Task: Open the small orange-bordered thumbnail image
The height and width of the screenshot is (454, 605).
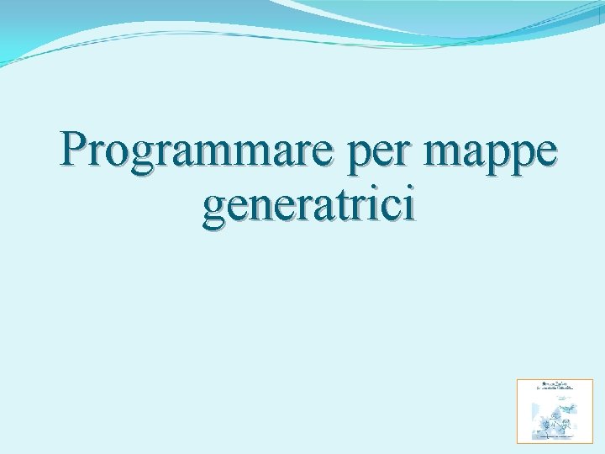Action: click(x=553, y=410)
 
